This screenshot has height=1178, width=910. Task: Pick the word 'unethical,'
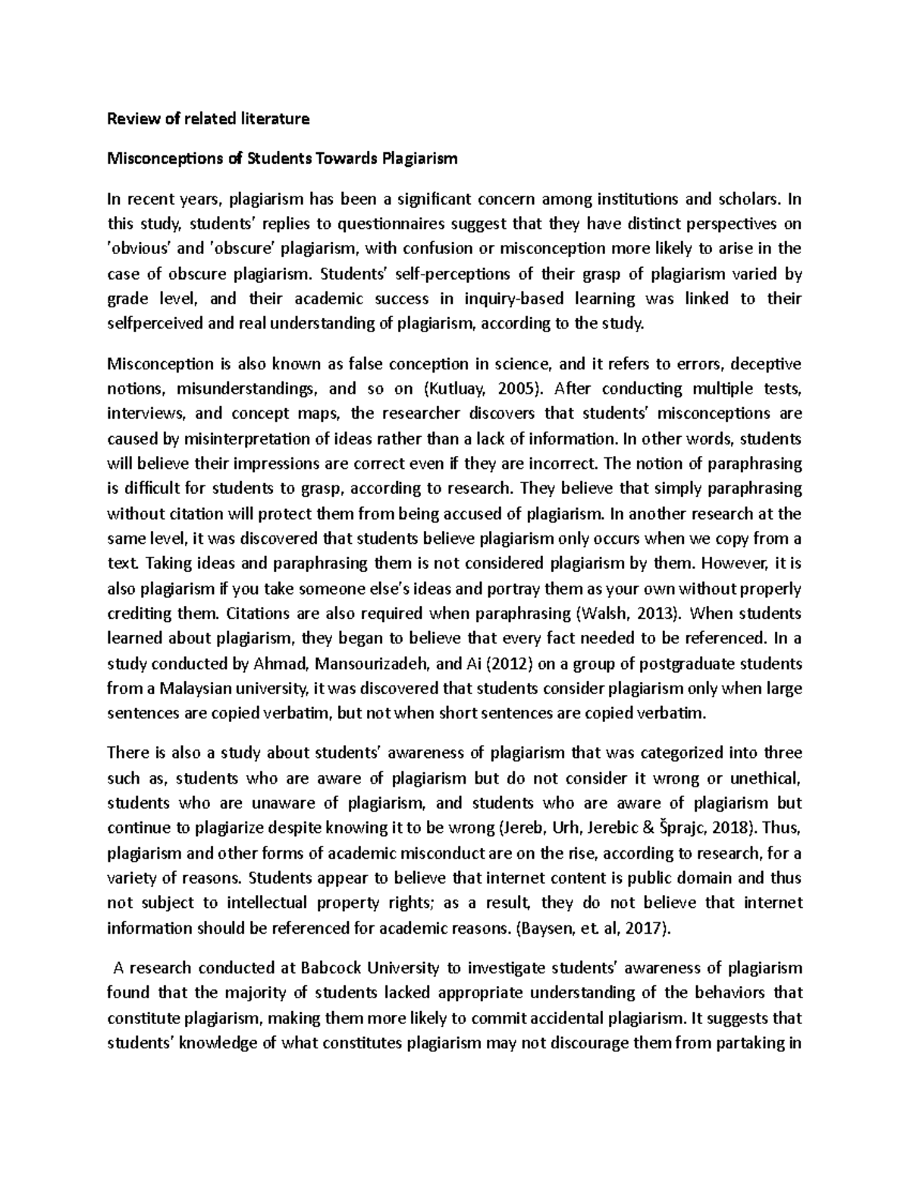(x=766, y=778)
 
